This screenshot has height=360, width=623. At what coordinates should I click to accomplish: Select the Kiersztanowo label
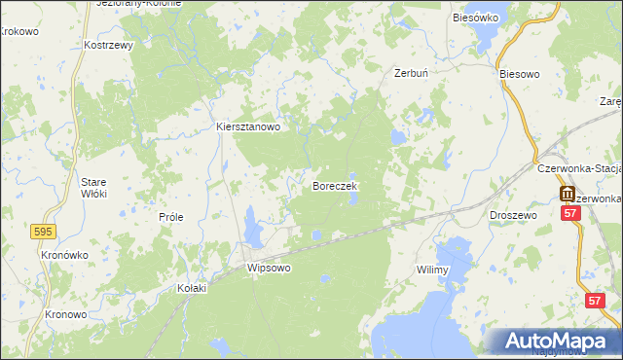click(247, 126)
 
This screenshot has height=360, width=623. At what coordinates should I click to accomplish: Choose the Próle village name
click(171, 217)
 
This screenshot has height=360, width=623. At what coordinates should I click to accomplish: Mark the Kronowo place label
click(66, 315)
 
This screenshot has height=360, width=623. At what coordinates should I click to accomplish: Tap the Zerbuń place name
click(412, 73)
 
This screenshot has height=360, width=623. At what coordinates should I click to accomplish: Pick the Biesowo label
click(518, 74)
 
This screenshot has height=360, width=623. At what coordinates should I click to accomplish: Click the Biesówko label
click(476, 18)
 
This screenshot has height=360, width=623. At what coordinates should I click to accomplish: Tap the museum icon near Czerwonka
click(568, 194)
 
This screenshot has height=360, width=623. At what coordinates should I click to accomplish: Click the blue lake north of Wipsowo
click(253, 229)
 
